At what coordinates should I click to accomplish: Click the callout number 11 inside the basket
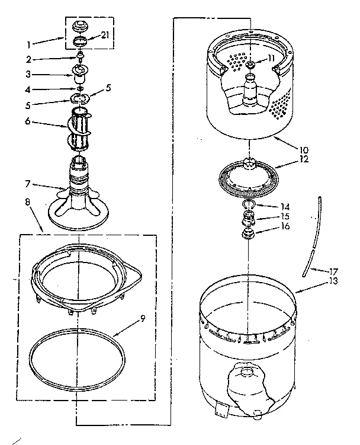[271, 58]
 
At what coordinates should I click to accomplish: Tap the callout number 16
[285, 226]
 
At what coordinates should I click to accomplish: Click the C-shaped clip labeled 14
[249, 206]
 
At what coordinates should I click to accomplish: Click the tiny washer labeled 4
[78, 88]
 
